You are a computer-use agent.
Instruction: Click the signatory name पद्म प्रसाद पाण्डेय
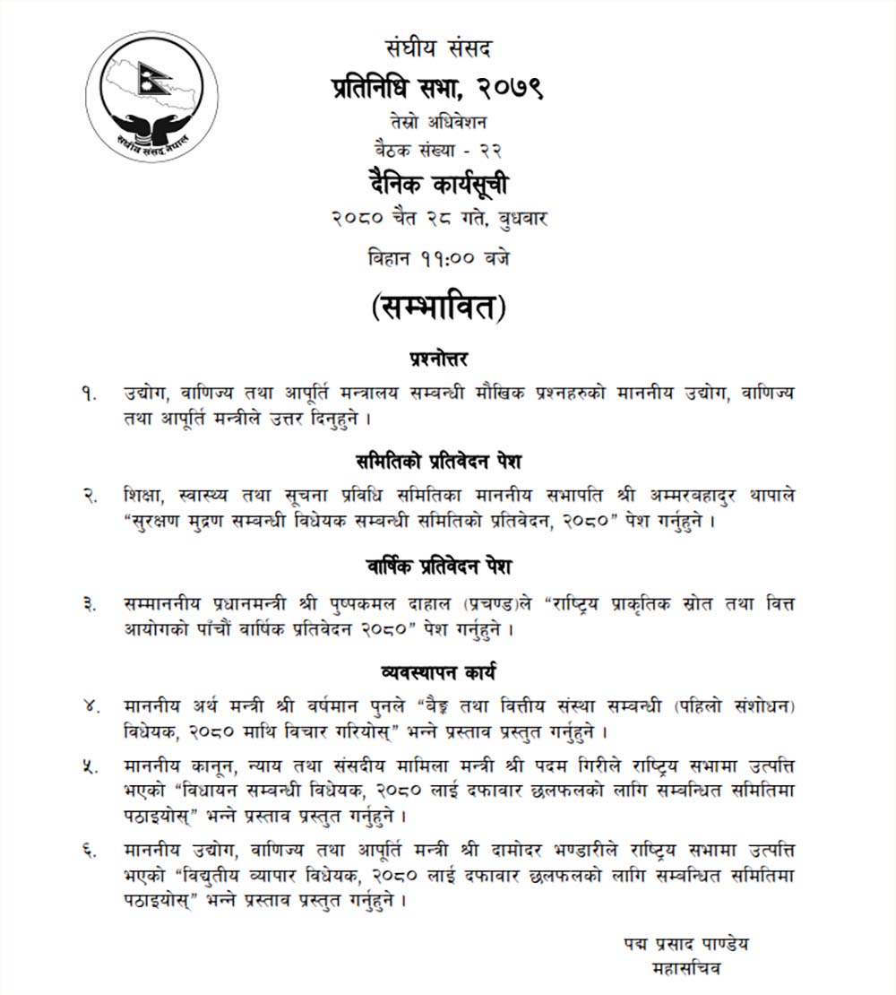point(686,942)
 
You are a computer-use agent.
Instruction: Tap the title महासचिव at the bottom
point(686,969)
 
